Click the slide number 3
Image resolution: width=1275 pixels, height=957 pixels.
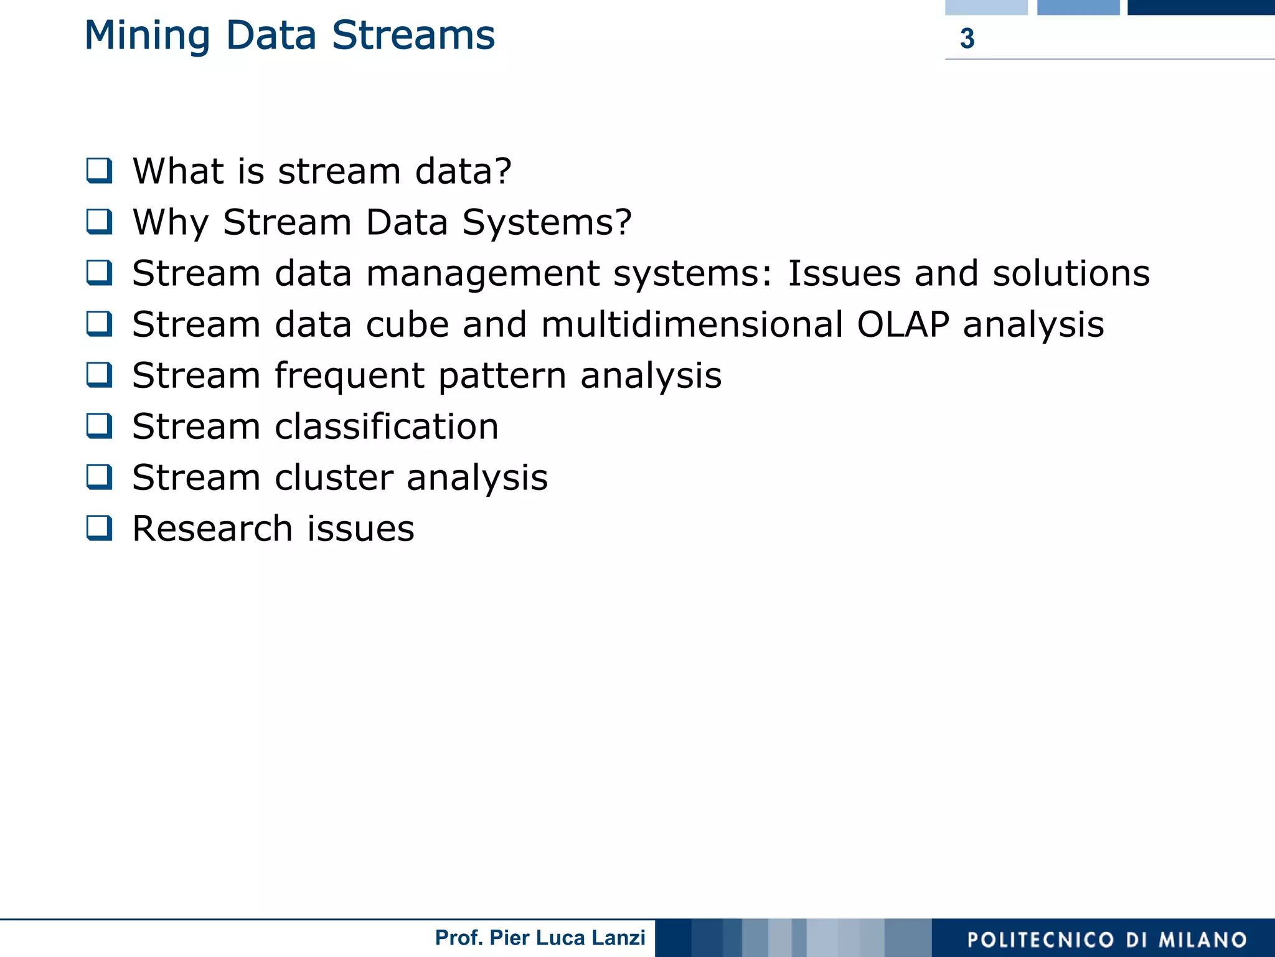click(967, 39)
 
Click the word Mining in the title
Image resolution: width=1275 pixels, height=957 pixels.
click(147, 36)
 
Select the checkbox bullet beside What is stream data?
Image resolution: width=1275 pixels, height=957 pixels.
click(100, 171)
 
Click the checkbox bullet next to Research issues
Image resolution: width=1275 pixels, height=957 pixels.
click(100, 528)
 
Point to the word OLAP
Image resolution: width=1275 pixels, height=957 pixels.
click(902, 324)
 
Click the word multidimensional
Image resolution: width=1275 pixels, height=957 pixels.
click(692, 324)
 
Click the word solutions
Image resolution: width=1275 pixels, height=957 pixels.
click(1070, 273)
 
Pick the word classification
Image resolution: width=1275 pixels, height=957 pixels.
click(386, 427)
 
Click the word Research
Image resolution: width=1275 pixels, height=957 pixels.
click(212, 529)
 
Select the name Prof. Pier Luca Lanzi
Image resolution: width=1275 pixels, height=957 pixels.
click(540, 938)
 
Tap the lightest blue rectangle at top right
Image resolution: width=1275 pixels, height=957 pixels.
click(986, 7)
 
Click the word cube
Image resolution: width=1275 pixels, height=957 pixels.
click(407, 324)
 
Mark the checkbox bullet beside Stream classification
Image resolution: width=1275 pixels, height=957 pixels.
click(100, 426)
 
